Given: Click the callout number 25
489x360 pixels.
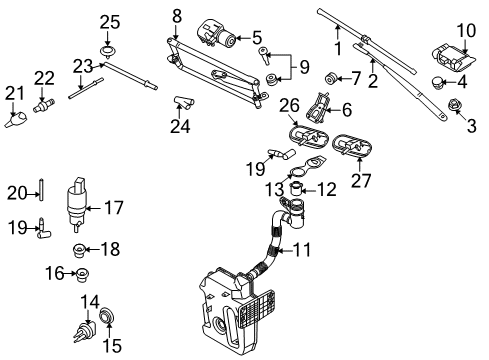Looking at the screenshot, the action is click(x=110, y=22).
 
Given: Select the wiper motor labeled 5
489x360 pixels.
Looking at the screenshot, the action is click(x=217, y=34).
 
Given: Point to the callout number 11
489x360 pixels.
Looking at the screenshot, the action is click(x=302, y=250).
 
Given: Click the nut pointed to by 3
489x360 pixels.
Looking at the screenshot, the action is click(x=452, y=105).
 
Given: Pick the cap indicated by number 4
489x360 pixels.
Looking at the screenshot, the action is click(x=437, y=82).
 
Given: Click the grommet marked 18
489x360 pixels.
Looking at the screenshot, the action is click(x=79, y=250).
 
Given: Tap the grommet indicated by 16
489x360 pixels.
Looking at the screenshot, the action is click(x=82, y=275).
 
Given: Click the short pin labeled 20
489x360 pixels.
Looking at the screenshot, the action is click(x=41, y=189).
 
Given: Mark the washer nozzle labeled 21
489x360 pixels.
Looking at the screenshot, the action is click(x=16, y=119).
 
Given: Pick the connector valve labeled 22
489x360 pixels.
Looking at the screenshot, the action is click(x=44, y=105).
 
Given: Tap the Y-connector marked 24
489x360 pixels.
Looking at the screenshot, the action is click(x=184, y=102).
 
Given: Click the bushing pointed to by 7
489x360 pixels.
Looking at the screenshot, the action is click(x=331, y=78).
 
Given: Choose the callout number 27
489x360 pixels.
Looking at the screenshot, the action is click(x=361, y=181).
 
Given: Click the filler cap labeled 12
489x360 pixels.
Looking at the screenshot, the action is click(x=296, y=188).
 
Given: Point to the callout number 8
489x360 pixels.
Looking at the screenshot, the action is click(x=177, y=16).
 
